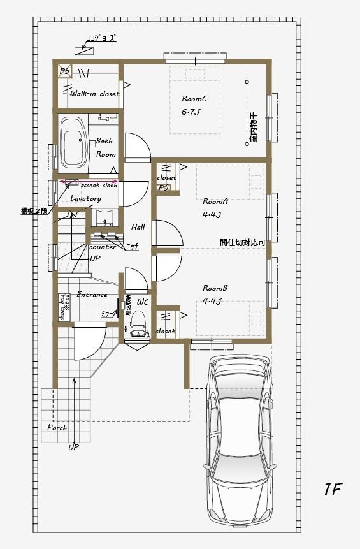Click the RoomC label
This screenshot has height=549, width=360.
pyautogui.click(x=194, y=99)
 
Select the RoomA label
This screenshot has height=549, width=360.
pyautogui.click(x=215, y=201)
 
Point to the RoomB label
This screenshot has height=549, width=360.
pyautogui.click(x=215, y=288)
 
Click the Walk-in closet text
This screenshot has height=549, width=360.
pyautogui.click(x=94, y=94)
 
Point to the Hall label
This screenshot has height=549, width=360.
pyautogui.click(x=138, y=227)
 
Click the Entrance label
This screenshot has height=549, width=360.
pyautogui.click(x=92, y=295)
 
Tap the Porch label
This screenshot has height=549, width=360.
pyautogui.click(x=57, y=428)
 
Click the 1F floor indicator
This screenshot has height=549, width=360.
pyautogui.click(x=333, y=490)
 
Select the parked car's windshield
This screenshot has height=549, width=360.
pyautogui.click(x=240, y=408)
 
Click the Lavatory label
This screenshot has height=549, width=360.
pyautogui.click(x=85, y=199)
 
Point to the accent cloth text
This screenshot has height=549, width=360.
pyautogui.click(x=99, y=186)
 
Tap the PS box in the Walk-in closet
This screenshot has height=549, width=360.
pyautogui.click(x=66, y=71)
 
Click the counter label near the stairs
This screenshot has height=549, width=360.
pyautogui.click(x=103, y=247)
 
